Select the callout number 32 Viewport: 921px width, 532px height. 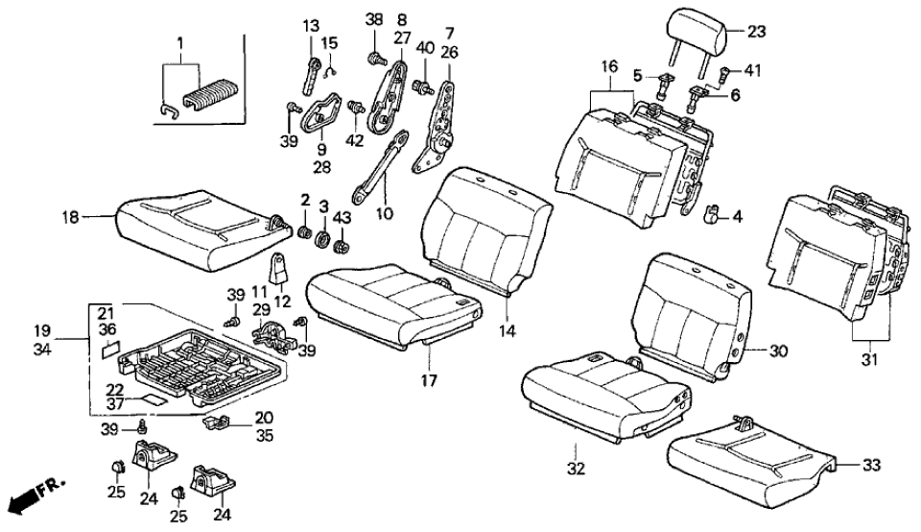(x=575, y=449)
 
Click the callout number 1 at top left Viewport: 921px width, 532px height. (x=177, y=44)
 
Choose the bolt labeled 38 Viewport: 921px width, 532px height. (x=373, y=57)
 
